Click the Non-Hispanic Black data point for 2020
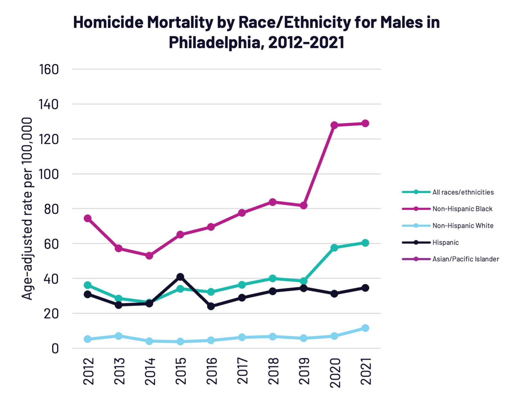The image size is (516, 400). (334, 125)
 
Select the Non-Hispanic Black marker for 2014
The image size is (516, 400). (149, 255)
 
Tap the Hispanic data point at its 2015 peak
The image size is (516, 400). (180, 277)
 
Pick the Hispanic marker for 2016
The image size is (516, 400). (211, 306)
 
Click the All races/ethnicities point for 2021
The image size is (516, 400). (365, 243)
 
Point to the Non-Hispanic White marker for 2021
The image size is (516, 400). (365, 328)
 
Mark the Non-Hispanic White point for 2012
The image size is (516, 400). (87, 339)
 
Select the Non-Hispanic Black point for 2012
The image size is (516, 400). (87, 218)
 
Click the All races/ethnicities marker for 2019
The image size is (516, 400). (303, 281)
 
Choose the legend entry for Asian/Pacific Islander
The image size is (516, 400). (465, 259)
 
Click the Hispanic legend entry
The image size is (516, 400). (445, 243)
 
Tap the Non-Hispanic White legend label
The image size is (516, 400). (463, 226)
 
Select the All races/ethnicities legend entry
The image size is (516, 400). (463, 192)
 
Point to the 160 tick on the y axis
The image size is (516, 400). (49, 70)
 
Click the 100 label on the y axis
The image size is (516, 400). (49, 174)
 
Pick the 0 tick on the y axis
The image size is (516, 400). (55, 349)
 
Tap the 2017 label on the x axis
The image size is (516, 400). (242, 371)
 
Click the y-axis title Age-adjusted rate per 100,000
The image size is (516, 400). (27, 208)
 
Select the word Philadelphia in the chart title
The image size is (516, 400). (214, 42)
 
